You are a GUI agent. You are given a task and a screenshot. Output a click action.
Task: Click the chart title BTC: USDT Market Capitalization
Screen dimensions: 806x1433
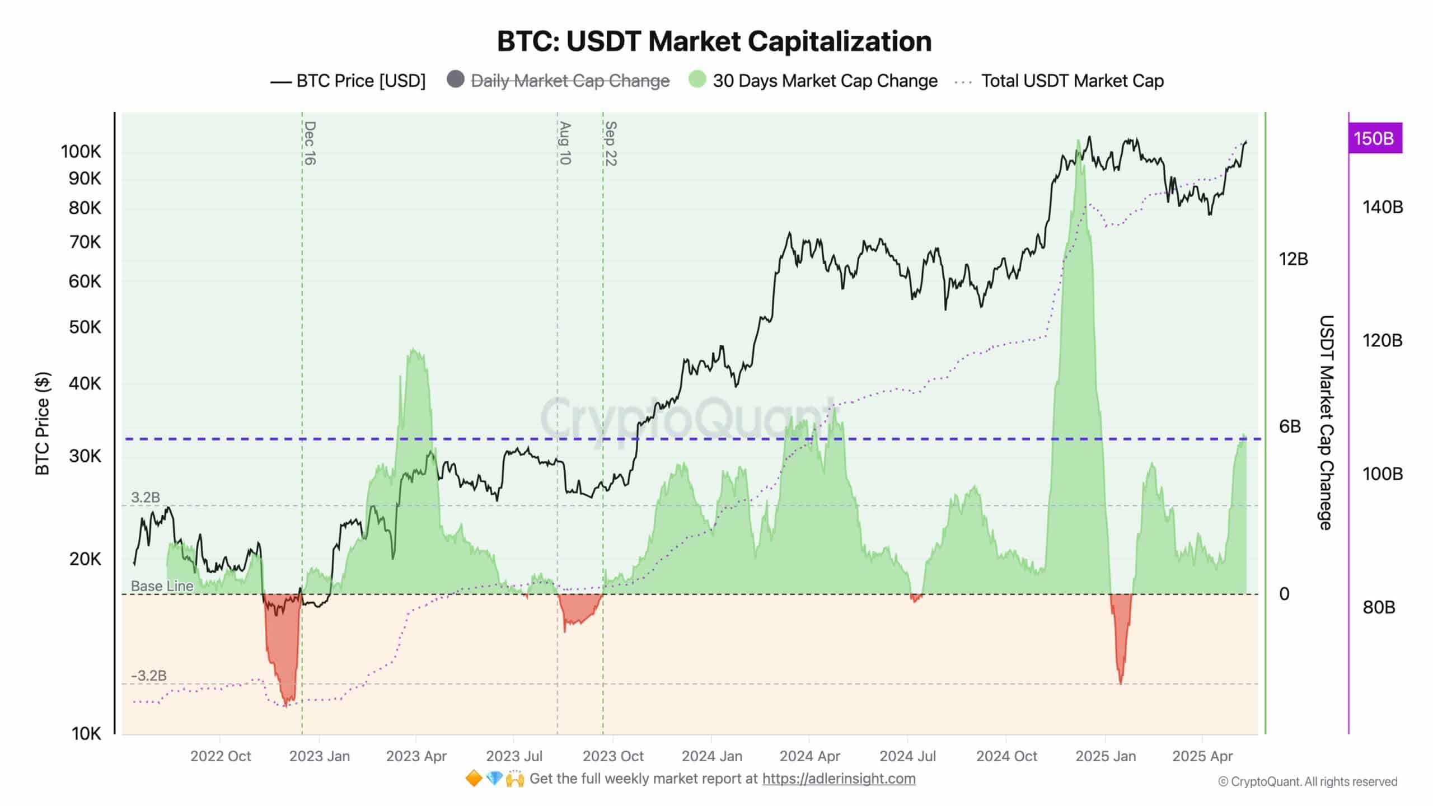tap(714, 41)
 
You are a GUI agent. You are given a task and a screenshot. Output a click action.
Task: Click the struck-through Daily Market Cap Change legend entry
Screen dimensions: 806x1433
tap(570, 81)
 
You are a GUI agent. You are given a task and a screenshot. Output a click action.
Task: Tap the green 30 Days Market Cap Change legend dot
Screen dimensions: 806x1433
tap(697, 79)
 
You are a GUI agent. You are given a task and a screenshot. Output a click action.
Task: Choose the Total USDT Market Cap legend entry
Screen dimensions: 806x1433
tap(1072, 81)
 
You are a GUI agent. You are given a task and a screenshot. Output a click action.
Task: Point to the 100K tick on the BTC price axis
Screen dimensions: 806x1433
tap(81, 152)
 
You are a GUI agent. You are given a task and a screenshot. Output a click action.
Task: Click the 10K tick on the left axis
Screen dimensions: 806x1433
tap(86, 734)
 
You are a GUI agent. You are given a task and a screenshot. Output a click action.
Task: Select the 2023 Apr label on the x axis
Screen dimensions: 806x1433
tap(416, 757)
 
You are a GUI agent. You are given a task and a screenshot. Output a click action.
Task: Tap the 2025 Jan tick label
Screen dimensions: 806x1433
tap(1106, 757)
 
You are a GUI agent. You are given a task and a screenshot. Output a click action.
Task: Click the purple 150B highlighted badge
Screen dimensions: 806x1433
tap(1374, 138)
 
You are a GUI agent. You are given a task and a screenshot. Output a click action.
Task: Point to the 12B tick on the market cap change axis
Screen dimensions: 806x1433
tap(1293, 259)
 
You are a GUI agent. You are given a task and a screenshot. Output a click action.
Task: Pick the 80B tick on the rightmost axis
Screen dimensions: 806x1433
tap(1378, 607)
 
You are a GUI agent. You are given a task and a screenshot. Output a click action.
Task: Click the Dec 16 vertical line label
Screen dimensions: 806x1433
tap(310, 143)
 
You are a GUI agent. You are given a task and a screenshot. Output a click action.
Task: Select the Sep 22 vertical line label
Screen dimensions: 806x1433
tap(611, 144)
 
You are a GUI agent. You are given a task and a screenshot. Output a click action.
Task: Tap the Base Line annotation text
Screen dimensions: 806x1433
tap(162, 586)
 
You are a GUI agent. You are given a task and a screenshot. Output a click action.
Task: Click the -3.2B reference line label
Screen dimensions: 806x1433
tap(148, 676)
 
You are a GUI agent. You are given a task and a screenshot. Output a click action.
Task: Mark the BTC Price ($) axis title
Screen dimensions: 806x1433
tap(43, 423)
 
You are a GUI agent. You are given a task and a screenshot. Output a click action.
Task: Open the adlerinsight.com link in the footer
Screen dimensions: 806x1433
tap(839, 779)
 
